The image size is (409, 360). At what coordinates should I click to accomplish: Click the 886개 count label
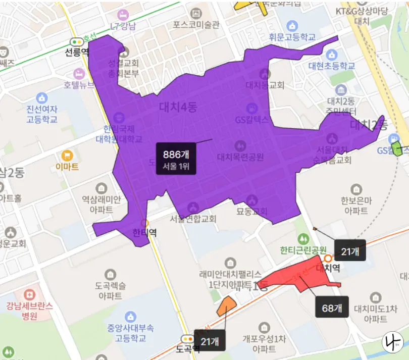[176, 159]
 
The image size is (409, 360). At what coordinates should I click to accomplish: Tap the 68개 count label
[332, 307]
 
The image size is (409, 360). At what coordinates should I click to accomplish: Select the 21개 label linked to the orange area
[209, 341]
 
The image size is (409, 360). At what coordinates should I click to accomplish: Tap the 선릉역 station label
[77, 52]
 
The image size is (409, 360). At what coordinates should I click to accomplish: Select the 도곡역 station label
[188, 348]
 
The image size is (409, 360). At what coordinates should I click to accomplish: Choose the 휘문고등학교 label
[292, 37]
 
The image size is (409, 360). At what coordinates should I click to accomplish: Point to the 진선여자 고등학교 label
[42, 115]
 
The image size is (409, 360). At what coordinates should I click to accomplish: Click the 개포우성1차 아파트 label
[261, 343]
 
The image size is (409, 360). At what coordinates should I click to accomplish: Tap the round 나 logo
[391, 343]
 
